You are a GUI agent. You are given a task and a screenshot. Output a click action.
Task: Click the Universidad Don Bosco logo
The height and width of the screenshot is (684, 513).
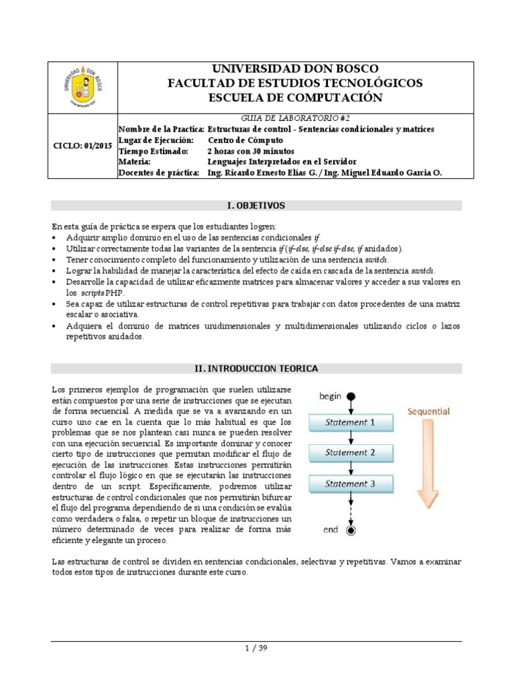coord(84,88)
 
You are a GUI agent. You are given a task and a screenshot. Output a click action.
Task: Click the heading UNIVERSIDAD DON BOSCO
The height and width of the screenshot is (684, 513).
coord(295,69)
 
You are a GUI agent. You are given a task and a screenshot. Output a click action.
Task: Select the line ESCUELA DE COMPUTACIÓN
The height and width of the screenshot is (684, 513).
coord(295,98)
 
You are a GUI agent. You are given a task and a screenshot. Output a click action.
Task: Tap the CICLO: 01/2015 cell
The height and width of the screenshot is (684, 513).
coord(84,146)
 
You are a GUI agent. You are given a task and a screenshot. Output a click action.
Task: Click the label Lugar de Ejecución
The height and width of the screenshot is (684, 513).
coord(156,140)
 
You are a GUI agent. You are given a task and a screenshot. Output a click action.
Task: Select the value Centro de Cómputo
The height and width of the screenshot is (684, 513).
coord(245,140)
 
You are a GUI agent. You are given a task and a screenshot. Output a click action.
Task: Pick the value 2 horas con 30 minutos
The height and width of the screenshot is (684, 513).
coord(251,151)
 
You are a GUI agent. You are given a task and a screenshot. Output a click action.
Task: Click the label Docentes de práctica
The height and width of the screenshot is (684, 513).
coord(159,172)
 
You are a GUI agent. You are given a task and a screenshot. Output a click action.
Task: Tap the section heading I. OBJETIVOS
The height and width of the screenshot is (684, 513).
coord(256,205)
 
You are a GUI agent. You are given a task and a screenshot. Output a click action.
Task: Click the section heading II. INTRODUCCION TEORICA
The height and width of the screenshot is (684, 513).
coord(256,368)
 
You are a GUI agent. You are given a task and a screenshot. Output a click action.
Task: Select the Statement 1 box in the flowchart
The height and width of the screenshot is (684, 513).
coord(349,422)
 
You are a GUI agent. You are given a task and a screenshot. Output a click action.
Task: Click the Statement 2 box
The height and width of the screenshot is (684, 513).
coord(349,452)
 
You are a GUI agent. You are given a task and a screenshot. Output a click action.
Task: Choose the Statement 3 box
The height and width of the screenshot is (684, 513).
coord(349,483)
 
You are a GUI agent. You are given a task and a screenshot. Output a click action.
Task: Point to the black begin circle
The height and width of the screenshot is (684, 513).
coord(351,397)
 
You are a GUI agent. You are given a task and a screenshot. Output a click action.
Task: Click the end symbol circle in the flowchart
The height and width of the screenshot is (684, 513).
coord(351,530)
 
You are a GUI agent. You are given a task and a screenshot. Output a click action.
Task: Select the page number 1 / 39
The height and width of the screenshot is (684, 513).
coord(256,647)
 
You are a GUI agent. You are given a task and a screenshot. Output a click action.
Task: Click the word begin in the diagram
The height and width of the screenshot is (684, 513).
coord(330,396)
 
